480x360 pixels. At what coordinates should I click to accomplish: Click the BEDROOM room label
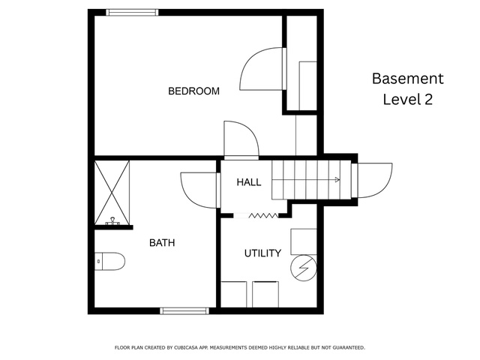click(x=193, y=91)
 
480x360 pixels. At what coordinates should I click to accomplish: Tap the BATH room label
click(x=162, y=243)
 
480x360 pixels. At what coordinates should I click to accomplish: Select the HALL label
click(x=248, y=182)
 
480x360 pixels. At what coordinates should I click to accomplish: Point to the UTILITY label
click(x=262, y=253)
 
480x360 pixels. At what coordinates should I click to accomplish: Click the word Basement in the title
click(x=408, y=79)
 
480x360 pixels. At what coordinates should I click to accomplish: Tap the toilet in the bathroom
click(x=109, y=262)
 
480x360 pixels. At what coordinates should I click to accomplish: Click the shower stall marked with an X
click(x=112, y=193)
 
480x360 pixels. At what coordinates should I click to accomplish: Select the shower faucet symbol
click(x=112, y=221)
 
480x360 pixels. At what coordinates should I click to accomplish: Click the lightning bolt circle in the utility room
click(x=303, y=268)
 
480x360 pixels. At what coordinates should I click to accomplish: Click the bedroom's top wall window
click(x=132, y=12)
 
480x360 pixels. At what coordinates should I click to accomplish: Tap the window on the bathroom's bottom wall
click(x=184, y=311)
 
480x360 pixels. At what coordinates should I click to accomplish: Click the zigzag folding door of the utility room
click(x=263, y=216)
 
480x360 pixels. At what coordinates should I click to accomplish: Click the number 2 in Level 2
click(x=428, y=100)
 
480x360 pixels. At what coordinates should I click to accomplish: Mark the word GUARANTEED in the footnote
click(x=349, y=347)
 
